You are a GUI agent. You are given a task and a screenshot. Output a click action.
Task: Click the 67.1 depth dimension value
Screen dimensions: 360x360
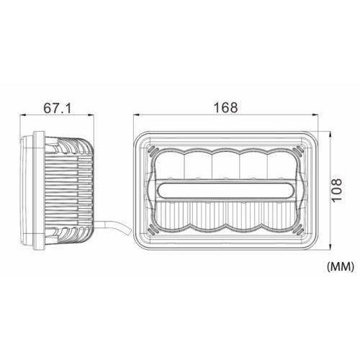point(58,108)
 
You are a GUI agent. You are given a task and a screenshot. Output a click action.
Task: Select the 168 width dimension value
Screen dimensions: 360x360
point(225,107)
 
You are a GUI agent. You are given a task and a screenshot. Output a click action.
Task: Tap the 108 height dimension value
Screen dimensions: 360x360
point(336,190)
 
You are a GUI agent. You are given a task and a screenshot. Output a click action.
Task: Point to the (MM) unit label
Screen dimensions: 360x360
point(341,266)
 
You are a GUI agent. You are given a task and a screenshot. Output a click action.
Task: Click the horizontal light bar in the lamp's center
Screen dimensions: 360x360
point(226,190)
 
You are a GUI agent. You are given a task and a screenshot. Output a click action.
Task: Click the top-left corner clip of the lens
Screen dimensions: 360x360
point(153,150)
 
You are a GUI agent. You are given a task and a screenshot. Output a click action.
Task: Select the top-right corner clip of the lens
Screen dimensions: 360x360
point(298,150)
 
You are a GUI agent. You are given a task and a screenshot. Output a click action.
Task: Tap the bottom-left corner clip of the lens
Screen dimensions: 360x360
point(153,230)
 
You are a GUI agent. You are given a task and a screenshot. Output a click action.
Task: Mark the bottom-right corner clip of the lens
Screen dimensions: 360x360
point(298,230)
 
